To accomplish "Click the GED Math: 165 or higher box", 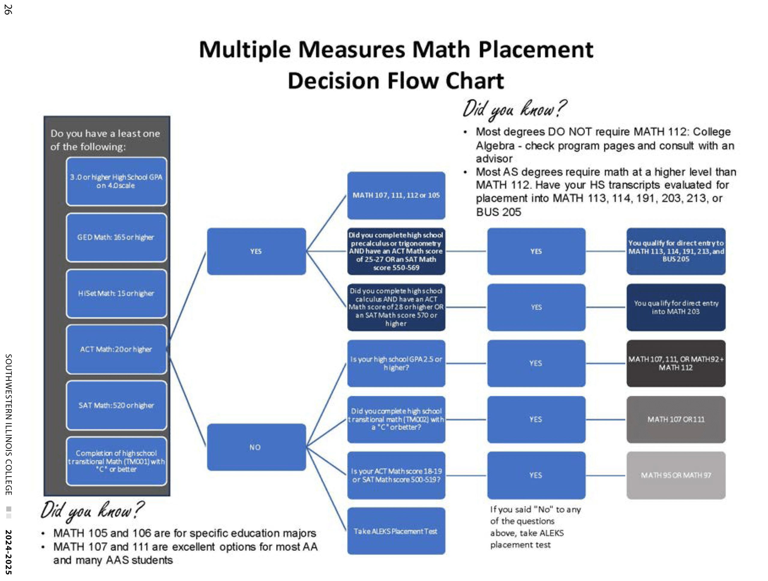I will point(116,237).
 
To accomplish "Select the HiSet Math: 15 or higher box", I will point(116,294).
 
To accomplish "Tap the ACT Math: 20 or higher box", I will point(116,349).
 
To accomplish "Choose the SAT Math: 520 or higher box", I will point(116,406).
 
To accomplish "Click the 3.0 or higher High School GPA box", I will point(116,181).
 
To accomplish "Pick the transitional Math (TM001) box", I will point(116,461).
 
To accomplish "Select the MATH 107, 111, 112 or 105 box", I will point(396,195).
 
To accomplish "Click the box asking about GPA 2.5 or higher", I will point(396,363).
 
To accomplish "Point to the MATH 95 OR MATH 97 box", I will point(676,475).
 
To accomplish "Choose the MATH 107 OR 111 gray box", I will point(676,420).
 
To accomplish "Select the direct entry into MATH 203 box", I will point(676,307).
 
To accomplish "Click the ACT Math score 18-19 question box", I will point(396,475).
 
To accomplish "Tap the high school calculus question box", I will point(396,307).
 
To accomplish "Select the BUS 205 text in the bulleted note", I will point(498,212).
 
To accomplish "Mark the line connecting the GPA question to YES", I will point(466,363).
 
